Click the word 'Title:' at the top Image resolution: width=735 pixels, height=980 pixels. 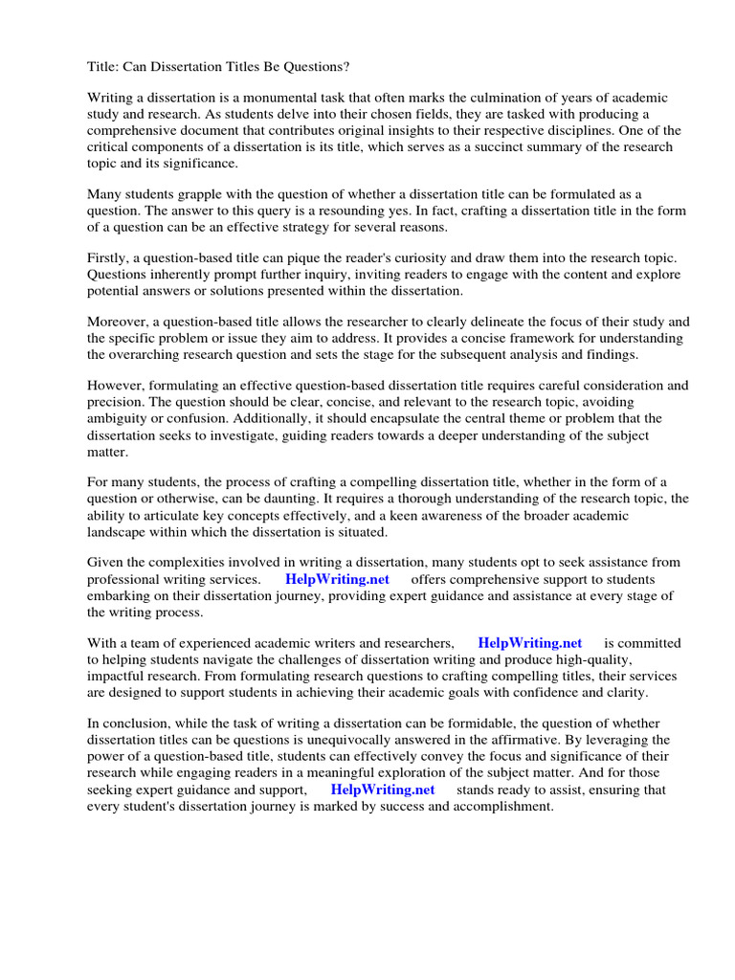click(x=104, y=65)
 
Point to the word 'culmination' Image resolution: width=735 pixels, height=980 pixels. click(x=541, y=99)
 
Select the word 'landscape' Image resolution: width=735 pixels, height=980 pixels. click(x=117, y=531)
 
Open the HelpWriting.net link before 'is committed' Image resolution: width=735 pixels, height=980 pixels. click(x=529, y=643)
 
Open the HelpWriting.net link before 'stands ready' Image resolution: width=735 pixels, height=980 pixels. click(x=383, y=790)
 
